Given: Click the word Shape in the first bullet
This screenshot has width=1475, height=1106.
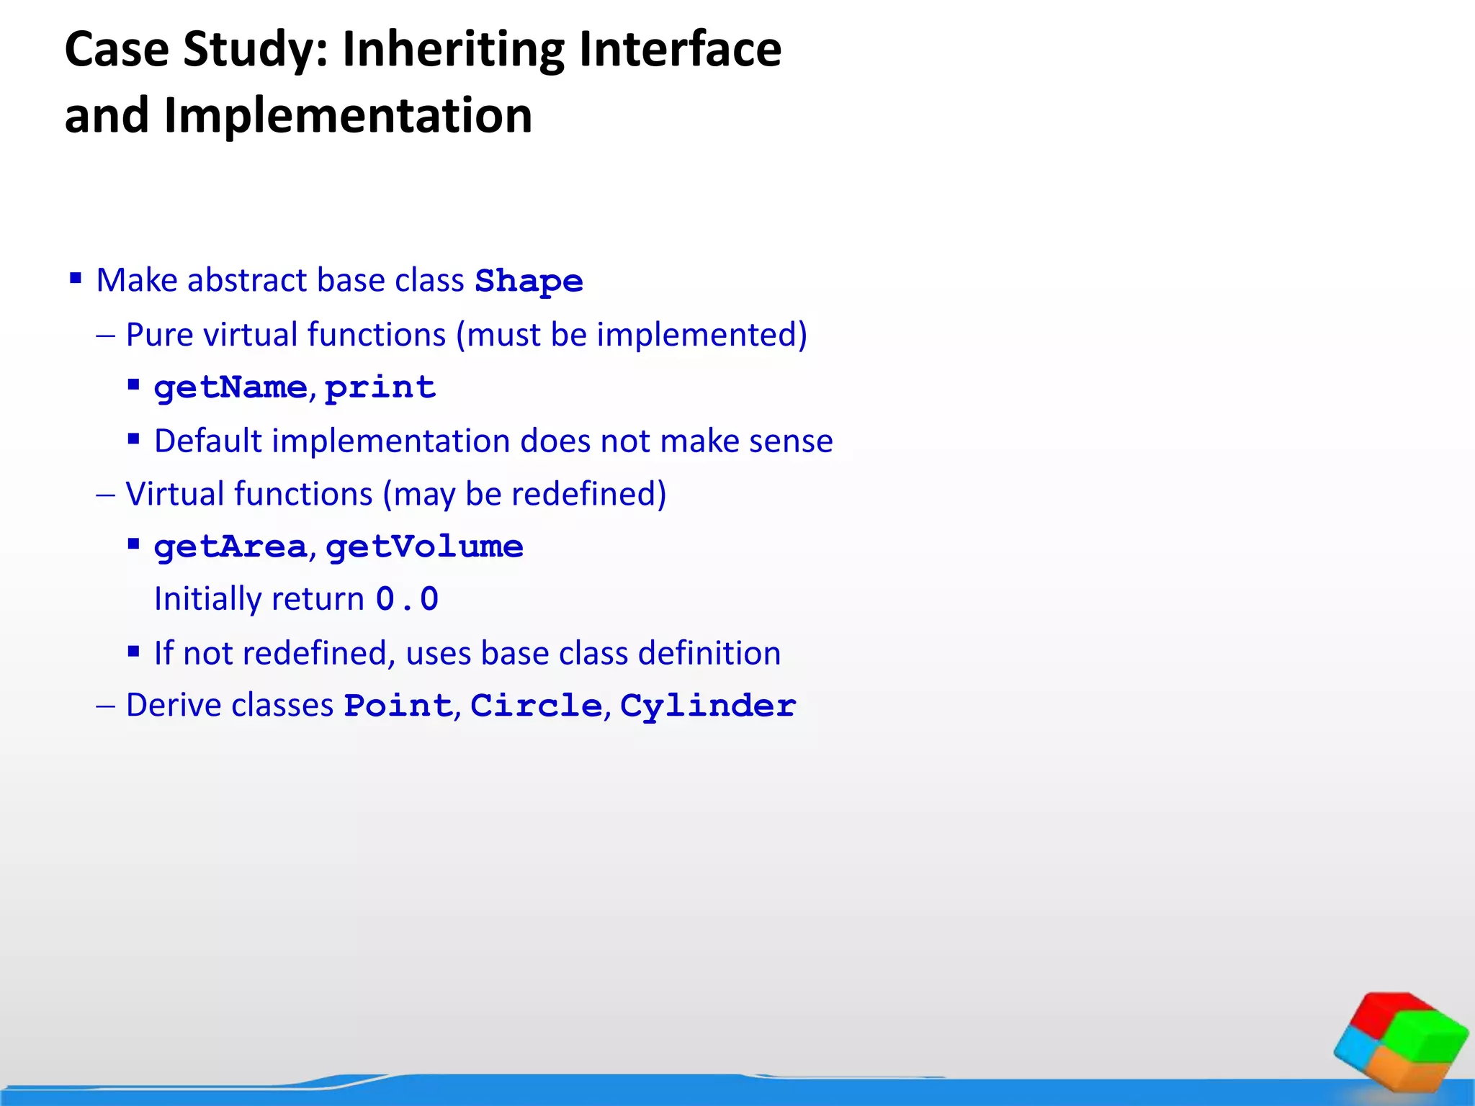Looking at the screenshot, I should click(529, 281).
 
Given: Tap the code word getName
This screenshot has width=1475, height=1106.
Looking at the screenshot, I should click(230, 388).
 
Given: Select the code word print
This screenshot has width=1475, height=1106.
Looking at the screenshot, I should click(380, 388).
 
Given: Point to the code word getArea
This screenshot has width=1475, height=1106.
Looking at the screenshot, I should click(230, 547).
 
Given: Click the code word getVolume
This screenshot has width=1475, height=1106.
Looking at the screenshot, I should click(424, 547).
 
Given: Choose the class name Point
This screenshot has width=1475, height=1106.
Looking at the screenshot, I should click(398, 706).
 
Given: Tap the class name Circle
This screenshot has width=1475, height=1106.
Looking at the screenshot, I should click(536, 706).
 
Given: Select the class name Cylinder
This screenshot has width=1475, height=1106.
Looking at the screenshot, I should click(707, 706).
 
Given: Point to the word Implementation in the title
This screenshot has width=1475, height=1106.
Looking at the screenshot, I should click(348, 115).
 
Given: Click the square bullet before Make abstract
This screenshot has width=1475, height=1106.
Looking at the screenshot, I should click(76, 278).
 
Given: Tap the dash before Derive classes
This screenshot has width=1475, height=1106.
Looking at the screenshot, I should click(105, 706).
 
